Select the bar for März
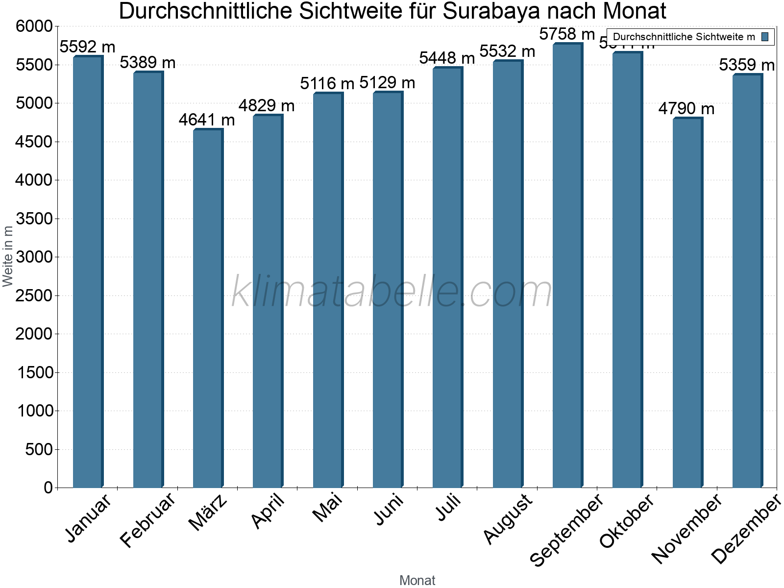pos(208,309)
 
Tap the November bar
pos(687,303)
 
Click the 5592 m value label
pos(87,47)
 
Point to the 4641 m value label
pos(207,120)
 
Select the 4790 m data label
pos(686,109)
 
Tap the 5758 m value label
pos(567,34)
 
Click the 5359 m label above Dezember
pos(747,65)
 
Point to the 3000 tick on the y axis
pos(34,257)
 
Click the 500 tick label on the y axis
pos(39,449)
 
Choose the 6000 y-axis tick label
pos(34,26)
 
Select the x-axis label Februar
pos(147,519)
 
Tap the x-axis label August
pos(508,518)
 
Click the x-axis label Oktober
pos(627,520)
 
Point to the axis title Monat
pos(417,580)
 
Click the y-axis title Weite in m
pos(8,256)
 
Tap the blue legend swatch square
pos(765,37)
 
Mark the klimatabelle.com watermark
pos(392,292)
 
